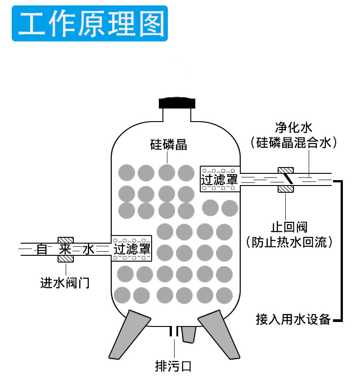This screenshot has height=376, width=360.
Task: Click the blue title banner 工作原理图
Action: coord(90,23)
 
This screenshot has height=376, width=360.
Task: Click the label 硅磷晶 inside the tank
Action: coord(168,145)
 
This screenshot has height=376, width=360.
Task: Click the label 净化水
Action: coord(293,127)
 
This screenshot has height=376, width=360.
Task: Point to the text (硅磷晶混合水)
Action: coord(293,143)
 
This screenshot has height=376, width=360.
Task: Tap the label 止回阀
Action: coord(288,227)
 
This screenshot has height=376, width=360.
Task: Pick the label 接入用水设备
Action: coord(293,320)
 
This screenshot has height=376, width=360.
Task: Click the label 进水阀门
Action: coord(65,283)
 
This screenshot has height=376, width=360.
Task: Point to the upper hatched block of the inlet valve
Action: coord(66,240)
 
